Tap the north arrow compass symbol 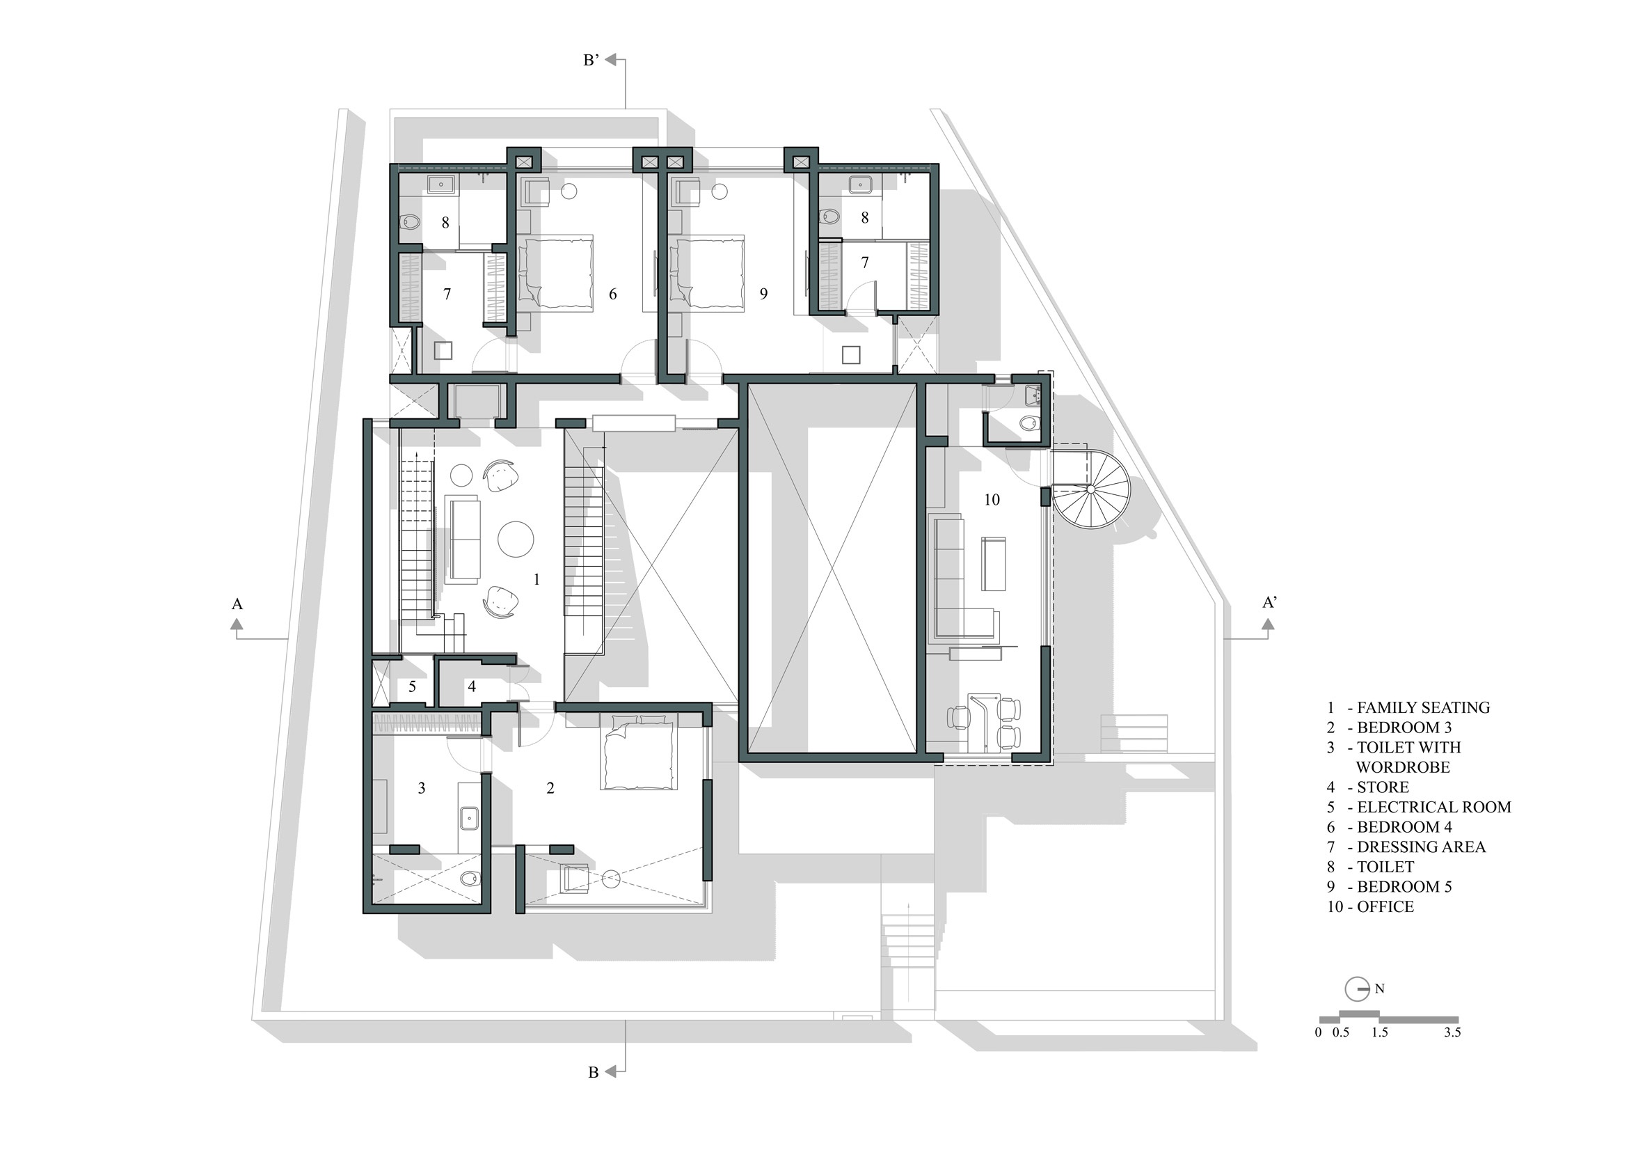1358,989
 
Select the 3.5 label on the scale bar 1452,1033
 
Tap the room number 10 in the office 992,500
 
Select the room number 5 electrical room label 412,686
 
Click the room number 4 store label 471,686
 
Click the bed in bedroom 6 556,272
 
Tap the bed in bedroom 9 707,272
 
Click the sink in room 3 469,817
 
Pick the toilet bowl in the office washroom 1031,423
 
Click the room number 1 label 537,579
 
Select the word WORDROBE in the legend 1403,767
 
